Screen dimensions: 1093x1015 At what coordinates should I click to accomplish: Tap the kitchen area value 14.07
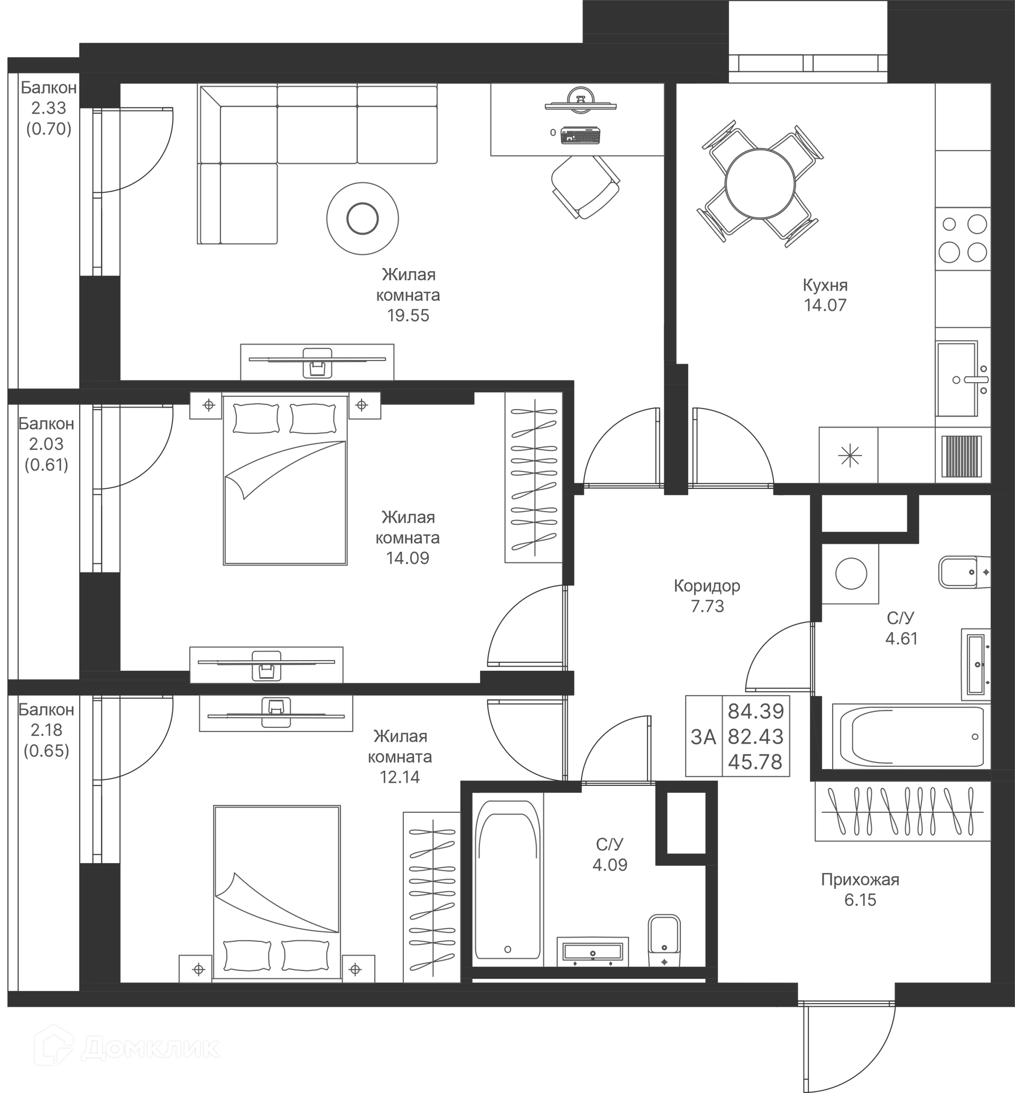point(825,305)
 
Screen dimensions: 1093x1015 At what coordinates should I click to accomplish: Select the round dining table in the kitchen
point(760,184)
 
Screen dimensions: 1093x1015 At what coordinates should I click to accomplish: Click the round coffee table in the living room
point(363,219)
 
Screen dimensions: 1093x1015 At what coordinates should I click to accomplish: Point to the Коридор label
point(707,586)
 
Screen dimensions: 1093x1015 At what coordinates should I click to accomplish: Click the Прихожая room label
point(860,879)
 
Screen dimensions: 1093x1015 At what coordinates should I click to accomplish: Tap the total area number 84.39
point(756,712)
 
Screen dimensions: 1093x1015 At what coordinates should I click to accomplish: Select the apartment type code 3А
point(704,737)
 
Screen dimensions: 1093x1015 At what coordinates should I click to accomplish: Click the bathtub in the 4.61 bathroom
point(912,737)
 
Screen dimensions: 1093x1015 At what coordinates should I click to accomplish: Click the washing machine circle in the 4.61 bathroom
point(851,573)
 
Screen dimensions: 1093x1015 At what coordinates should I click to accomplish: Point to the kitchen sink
point(957,379)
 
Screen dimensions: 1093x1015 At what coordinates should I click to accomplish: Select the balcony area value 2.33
point(48,108)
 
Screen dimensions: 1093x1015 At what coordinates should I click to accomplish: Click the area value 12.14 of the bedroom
point(399,777)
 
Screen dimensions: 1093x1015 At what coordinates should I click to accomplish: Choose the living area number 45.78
point(755,762)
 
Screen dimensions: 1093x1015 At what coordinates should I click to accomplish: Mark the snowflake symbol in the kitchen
point(850,456)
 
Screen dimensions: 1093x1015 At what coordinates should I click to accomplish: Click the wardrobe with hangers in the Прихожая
point(902,811)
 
